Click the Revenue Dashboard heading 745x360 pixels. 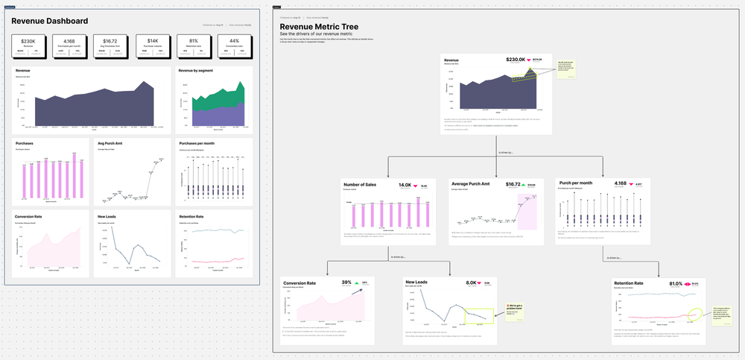pos(50,21)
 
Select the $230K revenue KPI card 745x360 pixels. pos(28,46)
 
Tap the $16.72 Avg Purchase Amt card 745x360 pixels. pos(110,46)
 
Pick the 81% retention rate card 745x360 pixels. pos(193,46)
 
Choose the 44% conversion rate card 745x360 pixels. pos(234,46)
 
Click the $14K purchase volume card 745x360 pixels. pos(151,46)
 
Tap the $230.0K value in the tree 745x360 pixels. pos(516,60)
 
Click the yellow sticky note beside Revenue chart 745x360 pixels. pos(565,71)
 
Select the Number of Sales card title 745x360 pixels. pos(361,185)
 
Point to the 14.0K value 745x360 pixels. pos(405,185)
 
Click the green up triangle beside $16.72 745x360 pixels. pos(523,184)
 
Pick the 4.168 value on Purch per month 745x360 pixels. pos(620,183)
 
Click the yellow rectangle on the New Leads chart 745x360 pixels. pos(479,316)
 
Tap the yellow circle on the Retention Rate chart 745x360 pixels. pos(696,315)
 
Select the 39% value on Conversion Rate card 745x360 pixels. pos(346,282)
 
